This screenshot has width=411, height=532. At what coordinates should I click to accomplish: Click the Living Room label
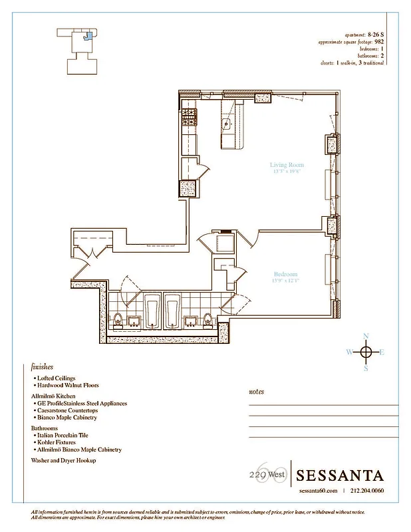pos(287,164)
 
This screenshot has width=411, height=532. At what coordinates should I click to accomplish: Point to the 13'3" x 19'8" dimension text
pos(287,171)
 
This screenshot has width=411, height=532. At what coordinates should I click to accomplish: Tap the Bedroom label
pos(285,274)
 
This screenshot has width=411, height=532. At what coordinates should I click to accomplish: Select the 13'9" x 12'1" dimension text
pos(285,281)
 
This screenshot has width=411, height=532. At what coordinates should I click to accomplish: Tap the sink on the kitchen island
pos(227,123)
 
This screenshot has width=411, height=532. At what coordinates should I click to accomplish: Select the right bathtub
pos(172,309)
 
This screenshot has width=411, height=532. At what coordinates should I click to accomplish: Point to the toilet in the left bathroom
pos(117,319)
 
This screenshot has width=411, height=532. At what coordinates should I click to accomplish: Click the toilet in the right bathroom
pos(207,319)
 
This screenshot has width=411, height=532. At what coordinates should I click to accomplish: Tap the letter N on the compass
pos(365,336)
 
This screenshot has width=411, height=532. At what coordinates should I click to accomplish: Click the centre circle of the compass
pos(365,352)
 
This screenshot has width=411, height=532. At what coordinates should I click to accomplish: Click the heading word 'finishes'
pos(42,366)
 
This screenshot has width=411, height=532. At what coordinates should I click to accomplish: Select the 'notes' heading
pos(256,392)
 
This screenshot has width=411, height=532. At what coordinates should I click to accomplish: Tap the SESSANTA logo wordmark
pos(339,475)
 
